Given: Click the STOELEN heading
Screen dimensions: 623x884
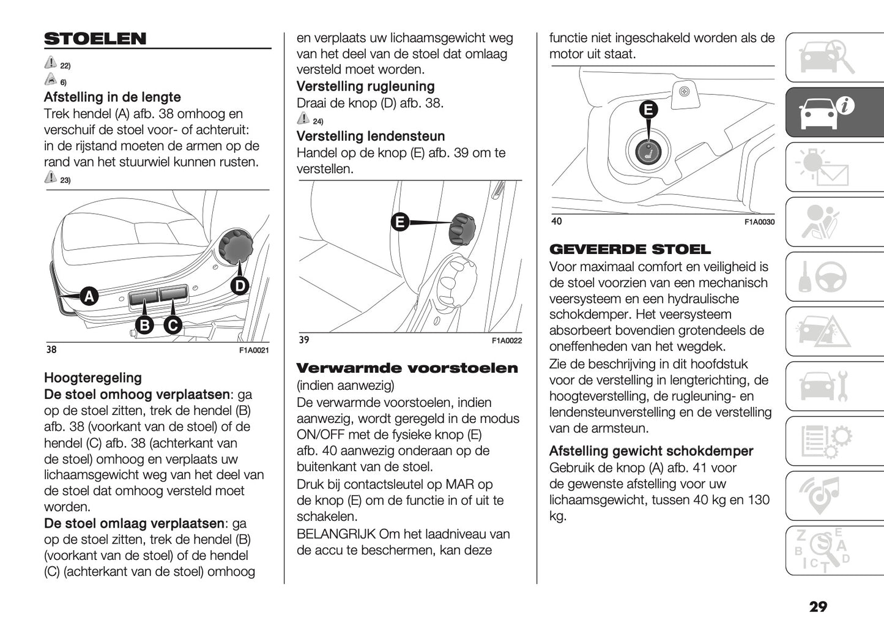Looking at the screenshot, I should pyautogui.click(x=95, y=39).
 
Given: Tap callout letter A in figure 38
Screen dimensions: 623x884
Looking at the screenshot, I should pyautogui.click(x=89, y=296).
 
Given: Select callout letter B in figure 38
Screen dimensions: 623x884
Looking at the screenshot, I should pyautogui.click(x=144, y=325).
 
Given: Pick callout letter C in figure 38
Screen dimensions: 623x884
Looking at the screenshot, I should pyautogui.click(x=173, y=325).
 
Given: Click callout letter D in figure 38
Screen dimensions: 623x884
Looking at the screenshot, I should pyautogui.click(x=240, y=286).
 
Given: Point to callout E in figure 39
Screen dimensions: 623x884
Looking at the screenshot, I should pyautogui.click(x=400, y=222).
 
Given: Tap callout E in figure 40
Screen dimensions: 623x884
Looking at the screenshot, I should pyautogui.click(x=648, y=110).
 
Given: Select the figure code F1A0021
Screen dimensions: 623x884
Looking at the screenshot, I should pyautogui.click(x=253, y=351).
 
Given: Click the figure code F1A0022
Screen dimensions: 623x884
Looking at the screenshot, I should pyautogui.click(x=507, y=341).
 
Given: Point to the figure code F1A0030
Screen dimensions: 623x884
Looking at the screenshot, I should pyautogui.click(x=759, y=222).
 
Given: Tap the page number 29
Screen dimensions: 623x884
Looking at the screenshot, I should pyautogui.click(x=818, y=606).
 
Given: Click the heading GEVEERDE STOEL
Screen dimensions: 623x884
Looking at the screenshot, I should pyautogui.click(x=630, y=249).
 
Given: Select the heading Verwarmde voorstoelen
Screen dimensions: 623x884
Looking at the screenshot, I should pyautogui.click(x=407, y=368).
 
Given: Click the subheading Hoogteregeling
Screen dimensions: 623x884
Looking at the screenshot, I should pyautogui.click(x=93, y=378).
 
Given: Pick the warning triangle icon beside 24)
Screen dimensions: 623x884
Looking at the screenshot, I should pyautogui.click(x=303, y=119).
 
